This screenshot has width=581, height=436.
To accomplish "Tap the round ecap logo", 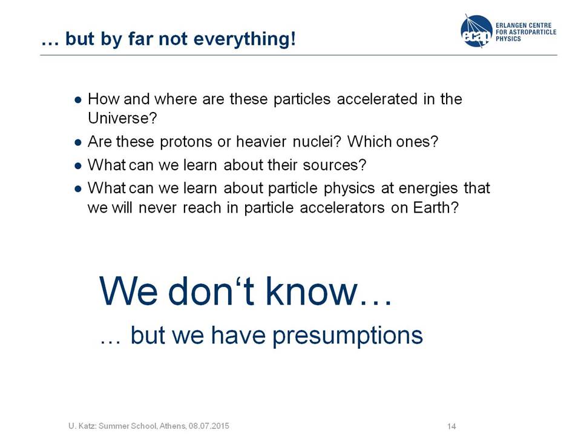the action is [476, 31].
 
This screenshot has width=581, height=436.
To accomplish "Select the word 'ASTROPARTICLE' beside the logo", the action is [533, 32].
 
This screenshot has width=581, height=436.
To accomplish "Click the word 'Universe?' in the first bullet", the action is [122, 118].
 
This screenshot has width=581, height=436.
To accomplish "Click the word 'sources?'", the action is [335, 165].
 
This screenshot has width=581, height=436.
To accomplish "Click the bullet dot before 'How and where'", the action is [78, 100].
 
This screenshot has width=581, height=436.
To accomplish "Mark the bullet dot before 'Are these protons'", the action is [78, 142].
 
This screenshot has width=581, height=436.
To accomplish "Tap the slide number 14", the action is [451, 426].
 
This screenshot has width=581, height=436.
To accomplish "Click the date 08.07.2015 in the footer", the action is [209, 426].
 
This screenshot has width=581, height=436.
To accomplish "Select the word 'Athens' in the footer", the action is [172, 426].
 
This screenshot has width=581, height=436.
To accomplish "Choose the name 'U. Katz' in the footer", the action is [83, 426].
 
